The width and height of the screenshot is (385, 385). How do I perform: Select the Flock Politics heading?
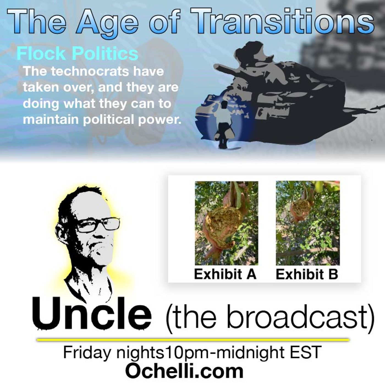(77, 53)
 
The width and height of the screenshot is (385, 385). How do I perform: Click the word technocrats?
(90, 71)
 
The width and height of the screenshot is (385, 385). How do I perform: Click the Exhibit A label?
(225, 274)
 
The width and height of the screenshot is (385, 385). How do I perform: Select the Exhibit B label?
(307, 274)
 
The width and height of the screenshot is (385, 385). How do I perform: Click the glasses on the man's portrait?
(98, 226)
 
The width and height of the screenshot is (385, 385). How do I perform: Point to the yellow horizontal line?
(193, 340)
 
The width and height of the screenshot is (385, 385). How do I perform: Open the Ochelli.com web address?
(185, 371)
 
